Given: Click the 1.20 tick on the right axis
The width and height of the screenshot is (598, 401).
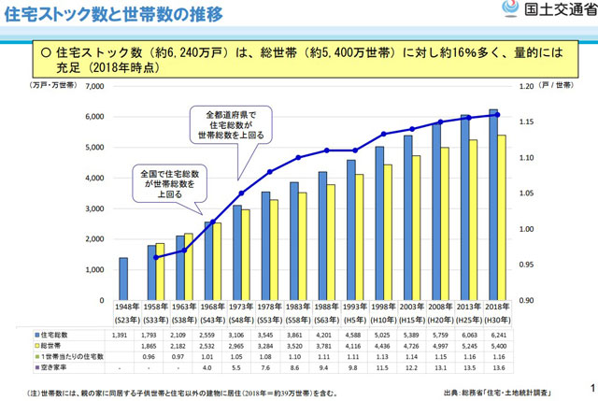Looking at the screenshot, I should (x=527, y=86).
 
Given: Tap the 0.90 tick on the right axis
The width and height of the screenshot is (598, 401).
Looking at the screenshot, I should (x=527, y=300).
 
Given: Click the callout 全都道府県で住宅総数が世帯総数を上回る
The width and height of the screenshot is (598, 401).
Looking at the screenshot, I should (x=230, y=124).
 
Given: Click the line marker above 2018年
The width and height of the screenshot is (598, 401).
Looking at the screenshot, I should (x=498, y=115).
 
